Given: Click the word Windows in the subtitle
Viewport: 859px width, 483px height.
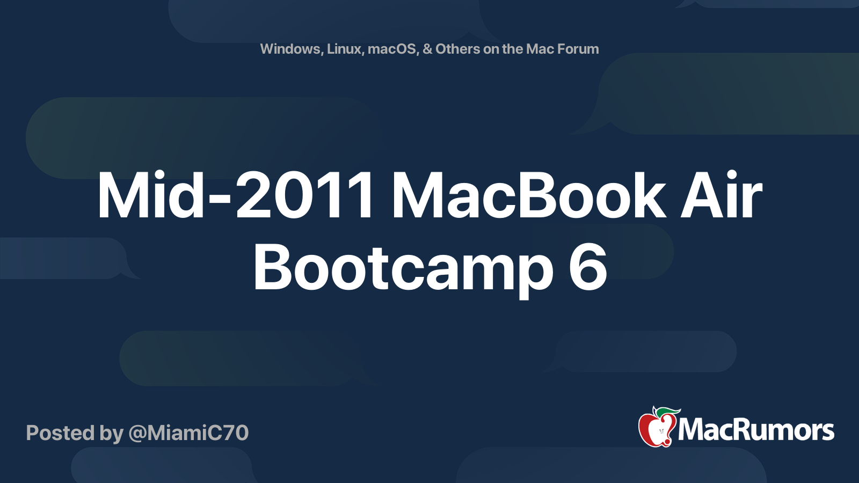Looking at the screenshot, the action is coord(291,49).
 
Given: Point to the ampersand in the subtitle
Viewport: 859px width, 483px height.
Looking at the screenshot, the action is coord(427,49).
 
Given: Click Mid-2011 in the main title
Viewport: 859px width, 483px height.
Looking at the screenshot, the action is coord(235,195).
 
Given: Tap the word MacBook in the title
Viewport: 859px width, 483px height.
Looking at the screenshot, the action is coord(529,195).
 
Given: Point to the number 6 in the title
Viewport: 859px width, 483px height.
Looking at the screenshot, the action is coord(587,267).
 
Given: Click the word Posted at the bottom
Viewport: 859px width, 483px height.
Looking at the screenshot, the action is coord(60,433).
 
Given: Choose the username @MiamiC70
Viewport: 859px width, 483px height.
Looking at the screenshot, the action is coord(188,433).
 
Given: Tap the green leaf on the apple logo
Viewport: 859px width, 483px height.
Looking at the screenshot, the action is coord(667,412).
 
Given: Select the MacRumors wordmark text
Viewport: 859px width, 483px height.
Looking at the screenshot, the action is coord(756,430).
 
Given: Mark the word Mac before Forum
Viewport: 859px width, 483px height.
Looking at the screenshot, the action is coord(540,49).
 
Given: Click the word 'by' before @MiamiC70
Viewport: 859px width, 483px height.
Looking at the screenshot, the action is coord(111,434).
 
